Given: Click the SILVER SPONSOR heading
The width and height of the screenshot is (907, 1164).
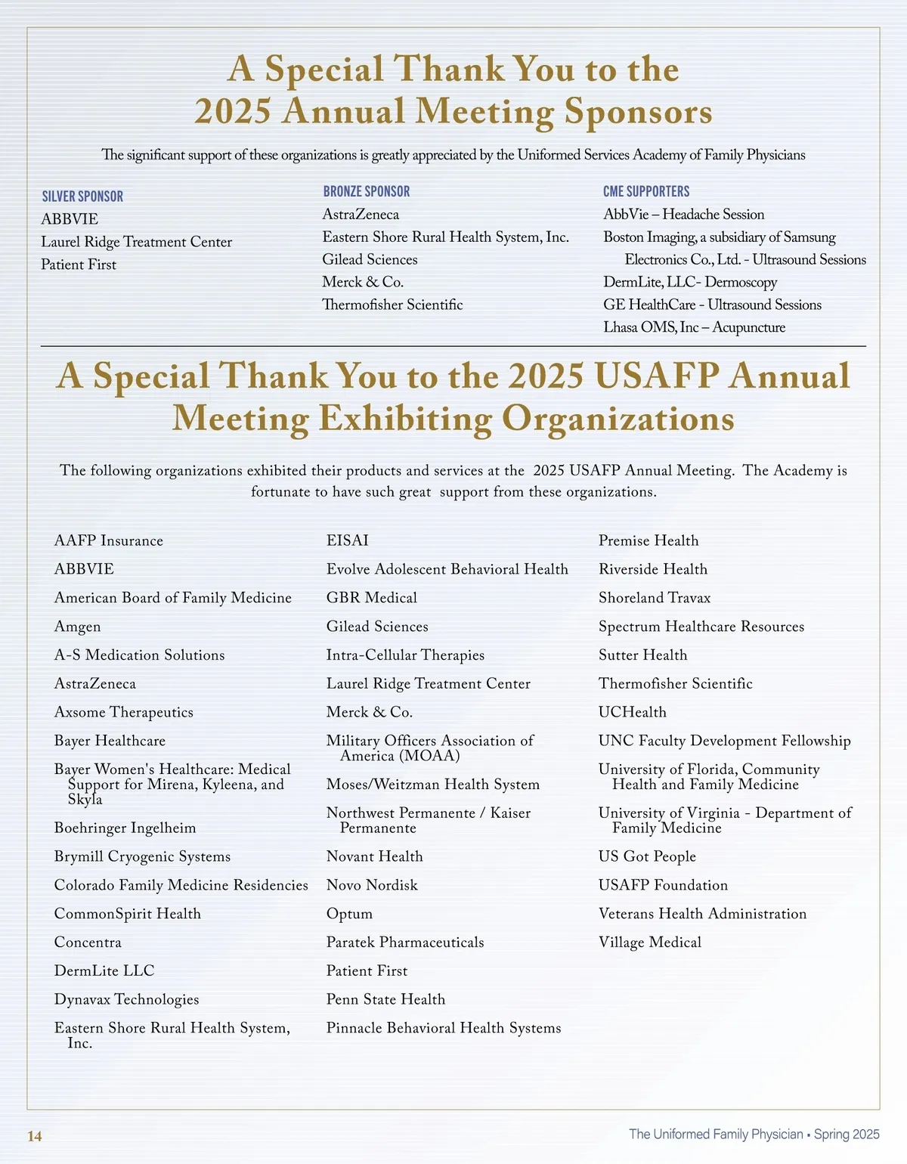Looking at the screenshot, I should click(x=82, y=197).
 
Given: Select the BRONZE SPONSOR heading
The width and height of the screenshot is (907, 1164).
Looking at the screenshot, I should click(x=367, y=192).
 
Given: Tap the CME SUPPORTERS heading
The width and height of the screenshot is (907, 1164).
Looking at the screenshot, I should click(x=646, y=192).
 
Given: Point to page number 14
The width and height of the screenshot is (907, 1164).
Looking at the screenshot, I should click(x=35, y=1136).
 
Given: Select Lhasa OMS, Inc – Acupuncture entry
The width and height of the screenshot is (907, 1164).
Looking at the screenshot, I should click(x=694, y=327).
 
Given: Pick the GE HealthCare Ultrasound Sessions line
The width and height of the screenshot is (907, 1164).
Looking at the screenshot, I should click(x=712, y=305).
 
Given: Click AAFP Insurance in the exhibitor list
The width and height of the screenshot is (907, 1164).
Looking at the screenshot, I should click(x=109, y=540).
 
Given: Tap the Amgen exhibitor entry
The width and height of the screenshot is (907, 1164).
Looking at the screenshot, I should click(x=77, y=627).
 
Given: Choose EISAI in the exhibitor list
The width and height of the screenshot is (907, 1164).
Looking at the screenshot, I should click(x=348, y=540).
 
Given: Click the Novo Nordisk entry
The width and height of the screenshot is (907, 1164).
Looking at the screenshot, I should click(x=372, y=885).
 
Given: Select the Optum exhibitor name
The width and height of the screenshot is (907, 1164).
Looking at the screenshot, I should click(x=349, y=914).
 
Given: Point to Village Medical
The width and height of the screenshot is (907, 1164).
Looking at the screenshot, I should click(x=650, y=943).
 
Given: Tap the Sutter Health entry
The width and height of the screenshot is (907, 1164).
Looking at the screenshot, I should click(x=643, y=655).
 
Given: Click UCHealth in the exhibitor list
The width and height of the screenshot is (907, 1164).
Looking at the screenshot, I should click(x=633, y=712).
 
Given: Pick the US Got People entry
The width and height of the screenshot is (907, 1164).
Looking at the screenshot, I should click(x=647, y=856).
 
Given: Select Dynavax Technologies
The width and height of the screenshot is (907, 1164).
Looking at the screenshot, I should click(x=126, y=999).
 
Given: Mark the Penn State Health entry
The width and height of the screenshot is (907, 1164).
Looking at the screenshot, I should click(x=385, y=999).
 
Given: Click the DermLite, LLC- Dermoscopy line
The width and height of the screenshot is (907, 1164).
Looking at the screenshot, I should click(x=690, y=282).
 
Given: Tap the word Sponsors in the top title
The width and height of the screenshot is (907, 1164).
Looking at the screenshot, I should click(x=638, y=112).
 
